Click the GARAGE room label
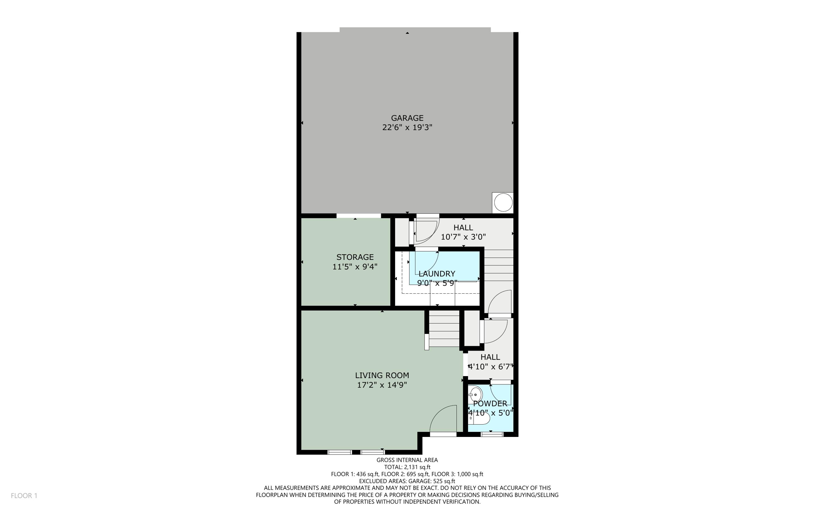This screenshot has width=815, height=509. tap(407, 118)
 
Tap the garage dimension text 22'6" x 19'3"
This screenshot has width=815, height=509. tap(407, 127)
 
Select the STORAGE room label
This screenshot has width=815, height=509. tap(355, 257)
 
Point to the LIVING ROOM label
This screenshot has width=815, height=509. tap(382, 375)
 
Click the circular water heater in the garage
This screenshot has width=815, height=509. tap(503, 203)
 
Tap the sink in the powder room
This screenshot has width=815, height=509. tap(475, 395)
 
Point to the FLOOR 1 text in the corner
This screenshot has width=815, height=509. tap(24, 495)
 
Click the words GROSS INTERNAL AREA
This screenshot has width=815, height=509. tap(407, 460)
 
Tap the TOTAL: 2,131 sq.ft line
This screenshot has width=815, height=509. tap(407, 467)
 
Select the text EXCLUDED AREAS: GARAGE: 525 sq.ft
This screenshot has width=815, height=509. tap(407, 481)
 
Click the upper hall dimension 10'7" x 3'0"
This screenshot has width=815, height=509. tap(463, 237)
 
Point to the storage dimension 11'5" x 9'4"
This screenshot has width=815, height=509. tap(355, 267)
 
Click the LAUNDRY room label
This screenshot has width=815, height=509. tap(437, 274)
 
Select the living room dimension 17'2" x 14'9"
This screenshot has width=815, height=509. tap(382, 385)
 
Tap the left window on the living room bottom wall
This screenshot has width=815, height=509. tap(339, 452)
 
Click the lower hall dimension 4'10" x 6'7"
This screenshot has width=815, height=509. tap(490, 367)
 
